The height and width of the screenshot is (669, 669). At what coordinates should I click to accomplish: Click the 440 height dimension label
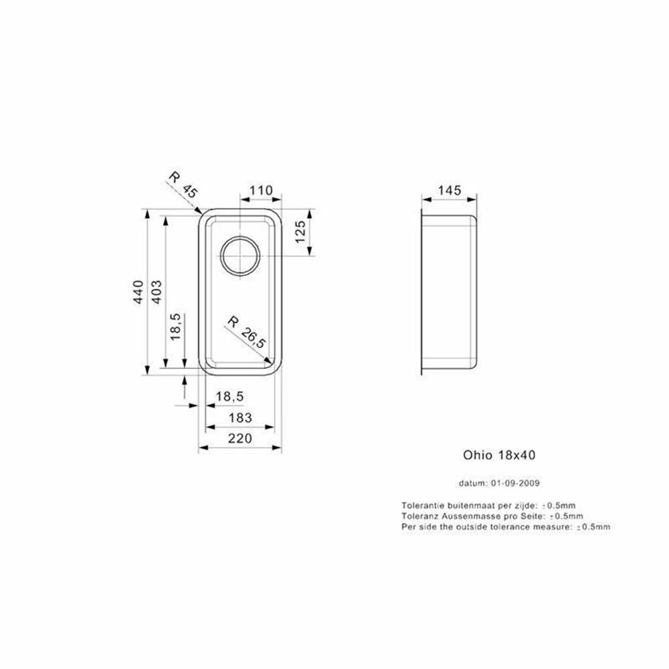click(138, 292)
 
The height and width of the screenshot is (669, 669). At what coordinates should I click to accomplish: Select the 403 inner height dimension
click(157, 292)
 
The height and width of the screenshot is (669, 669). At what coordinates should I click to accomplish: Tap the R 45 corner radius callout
click(183, 185)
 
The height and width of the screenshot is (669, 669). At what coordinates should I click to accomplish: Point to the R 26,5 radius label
click(247, 332)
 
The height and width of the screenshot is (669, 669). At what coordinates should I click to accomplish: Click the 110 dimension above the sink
click(261, 190)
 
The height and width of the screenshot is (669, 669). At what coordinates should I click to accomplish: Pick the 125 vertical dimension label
click(300, 231)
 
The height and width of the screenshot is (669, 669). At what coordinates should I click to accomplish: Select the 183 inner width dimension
click(240, 417)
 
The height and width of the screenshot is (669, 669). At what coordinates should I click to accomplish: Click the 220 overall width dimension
click(240, 438)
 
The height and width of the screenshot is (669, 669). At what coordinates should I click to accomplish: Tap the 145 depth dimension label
click(450, 190)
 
